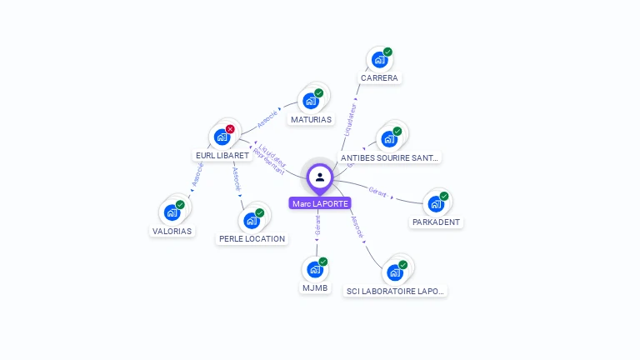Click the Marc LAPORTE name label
click(320, 203)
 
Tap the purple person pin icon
click(320, 177)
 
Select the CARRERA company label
click(379, 78)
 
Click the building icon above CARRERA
click(379, 60)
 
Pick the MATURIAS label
click(311, 119)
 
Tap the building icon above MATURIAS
click(311, 101)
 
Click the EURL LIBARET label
click(222, 155)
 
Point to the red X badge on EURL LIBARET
click(230, 129)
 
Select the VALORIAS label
click(172, 231)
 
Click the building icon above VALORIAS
click(172, 212)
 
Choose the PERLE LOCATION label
click(252, 238)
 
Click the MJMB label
click(315, 288)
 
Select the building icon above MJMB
click(315, 269)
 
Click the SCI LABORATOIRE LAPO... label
click(396, 291)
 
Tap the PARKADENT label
click(437, 222)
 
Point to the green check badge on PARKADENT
click(444, 197)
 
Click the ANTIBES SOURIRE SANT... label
click(390, 157)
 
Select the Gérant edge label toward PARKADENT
click(377, 192)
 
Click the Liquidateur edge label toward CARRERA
click(351, 118)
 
